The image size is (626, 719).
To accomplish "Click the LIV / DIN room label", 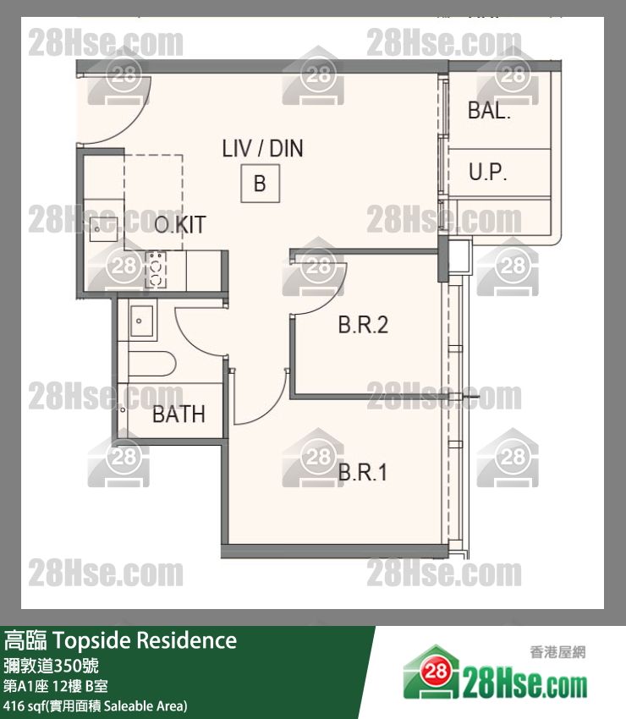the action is pyautogui.click(x=262, y=149).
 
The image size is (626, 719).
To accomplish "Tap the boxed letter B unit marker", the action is pyautogui.click(x=260, y=184).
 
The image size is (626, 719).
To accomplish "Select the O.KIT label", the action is pyautogui.click(x=180, y=225).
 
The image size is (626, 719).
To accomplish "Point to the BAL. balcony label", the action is pyautogui.click(x=489, y=111).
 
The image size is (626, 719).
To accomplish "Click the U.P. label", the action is pyautogui.click(x=487, y=172).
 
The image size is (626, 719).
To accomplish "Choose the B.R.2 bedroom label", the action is pyautogui.click(x=363, y=325).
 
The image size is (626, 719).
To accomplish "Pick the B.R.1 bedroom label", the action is pyautogui.click(x=362, y=472).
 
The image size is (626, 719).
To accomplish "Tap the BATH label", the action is pyautogui.click(x=178, y=414).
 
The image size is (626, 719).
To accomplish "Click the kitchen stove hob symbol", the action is pyautogui.click(x=156, y=270).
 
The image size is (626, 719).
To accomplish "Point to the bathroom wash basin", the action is pyautogui.click(x=141, y=321).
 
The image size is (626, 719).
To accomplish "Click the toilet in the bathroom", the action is pyautogui.click(x=151, y=364).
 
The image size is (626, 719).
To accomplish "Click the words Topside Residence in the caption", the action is pyautogui.click(x=145, y=640).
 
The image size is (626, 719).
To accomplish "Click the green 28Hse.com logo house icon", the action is pyautogui.click(x=431, y=672).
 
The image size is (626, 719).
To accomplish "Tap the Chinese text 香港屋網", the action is pyautogui.click(x=557, y=652).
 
